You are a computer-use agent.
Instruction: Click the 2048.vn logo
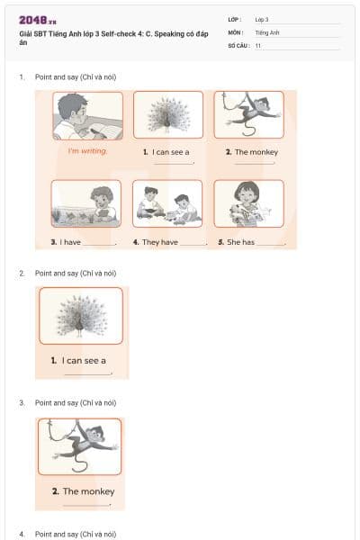[x=38, y=19]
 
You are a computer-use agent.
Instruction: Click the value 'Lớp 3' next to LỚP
[x=262, y=19]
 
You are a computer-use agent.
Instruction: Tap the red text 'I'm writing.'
[x=87, y=151]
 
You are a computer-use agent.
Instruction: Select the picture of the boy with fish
[x=86, y=203]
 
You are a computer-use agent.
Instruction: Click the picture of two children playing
[x=167, y=203]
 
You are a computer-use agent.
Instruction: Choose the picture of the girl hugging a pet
[x=248, y=203]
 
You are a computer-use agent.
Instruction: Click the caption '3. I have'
[x=67, y=242]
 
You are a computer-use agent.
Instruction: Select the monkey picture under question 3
[x=80, y=446]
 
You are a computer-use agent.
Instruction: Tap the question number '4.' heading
[x=22, y=534]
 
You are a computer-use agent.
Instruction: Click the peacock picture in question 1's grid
[x=167, y=114]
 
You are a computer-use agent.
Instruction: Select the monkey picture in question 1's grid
[x=248, y=114]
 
